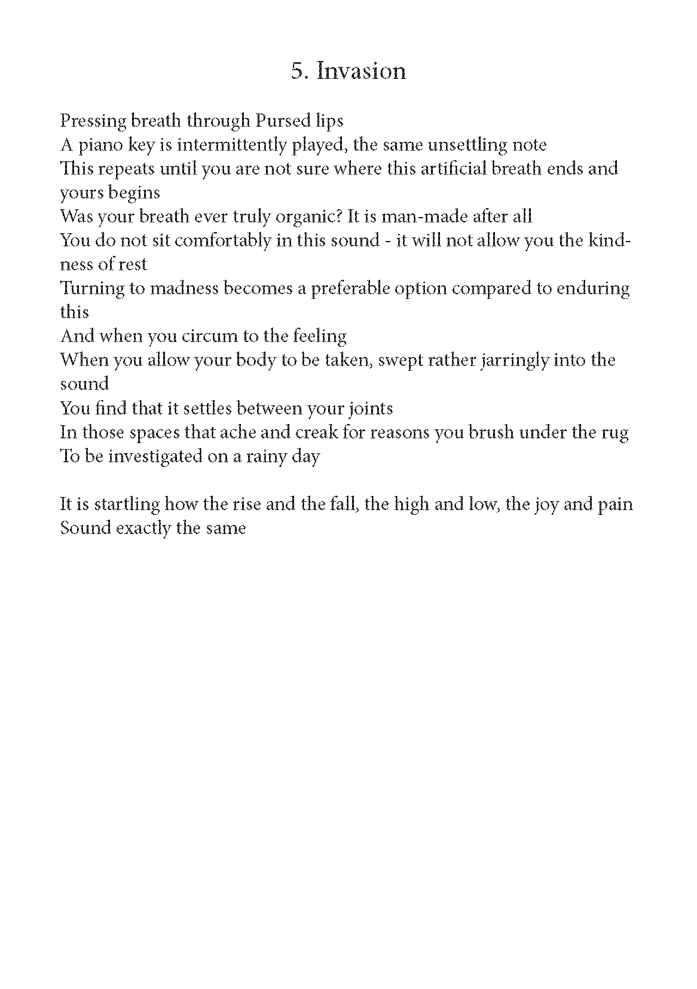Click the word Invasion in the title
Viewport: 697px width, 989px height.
click(x=361, y=71)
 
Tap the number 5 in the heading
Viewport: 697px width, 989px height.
click(x=296, y=72)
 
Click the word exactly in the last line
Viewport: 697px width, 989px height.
click(x=152, y=529)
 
